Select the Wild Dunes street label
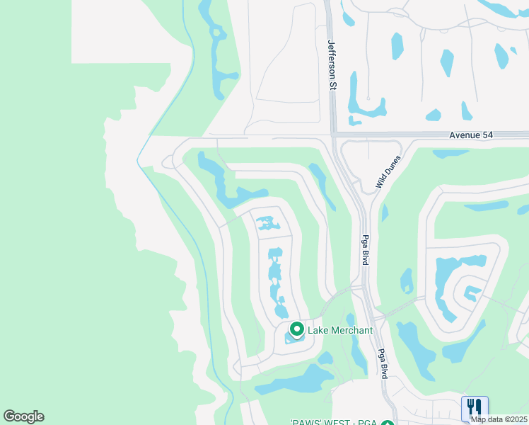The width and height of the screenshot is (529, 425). pyautogui.click(x=388, y=173)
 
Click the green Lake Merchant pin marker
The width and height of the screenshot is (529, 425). pyautogui.click(x=297, y=329)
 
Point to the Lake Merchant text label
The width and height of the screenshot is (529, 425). pyautogui.click(x=339, y=331)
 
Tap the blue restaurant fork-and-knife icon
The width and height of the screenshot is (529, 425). pyautogui.click(x=475, y=407)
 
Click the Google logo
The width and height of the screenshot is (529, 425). pyautogui.click(x=23, y=416)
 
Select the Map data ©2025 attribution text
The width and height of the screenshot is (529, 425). pyautogui.click(x=499, y=419)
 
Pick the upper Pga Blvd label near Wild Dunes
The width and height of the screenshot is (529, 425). pyautogui.click(x=366, y=250)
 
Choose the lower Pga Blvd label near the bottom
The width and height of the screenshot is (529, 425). pyautogui.click(x=382, y=363)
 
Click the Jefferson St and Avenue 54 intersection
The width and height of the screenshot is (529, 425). pyautogui.click(x=333, y=134)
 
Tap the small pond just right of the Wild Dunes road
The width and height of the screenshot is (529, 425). pyautogui.click(x=385, y=212)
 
